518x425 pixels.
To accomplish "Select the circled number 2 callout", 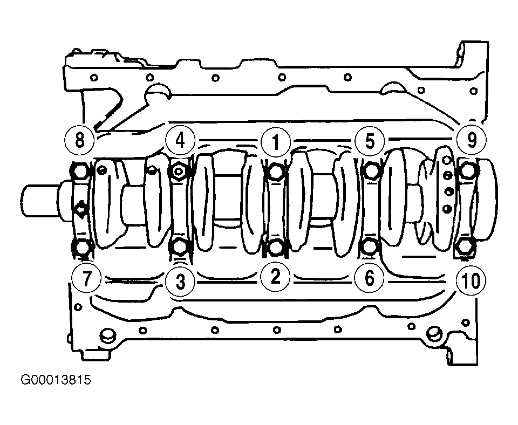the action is click(x=275, y=276).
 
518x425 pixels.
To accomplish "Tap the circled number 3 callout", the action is click(x=180, y=282).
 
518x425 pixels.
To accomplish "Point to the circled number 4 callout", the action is click(x=180, y=141).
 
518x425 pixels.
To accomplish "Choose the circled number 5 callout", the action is click(x=370, y=141).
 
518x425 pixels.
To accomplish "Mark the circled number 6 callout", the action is click(x=370, y=277).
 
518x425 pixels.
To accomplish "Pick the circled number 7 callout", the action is click(x=86, y=278).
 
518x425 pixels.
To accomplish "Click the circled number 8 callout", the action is click(x=80, y=140).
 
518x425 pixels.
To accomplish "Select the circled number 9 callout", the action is click(x=472, y=140).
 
